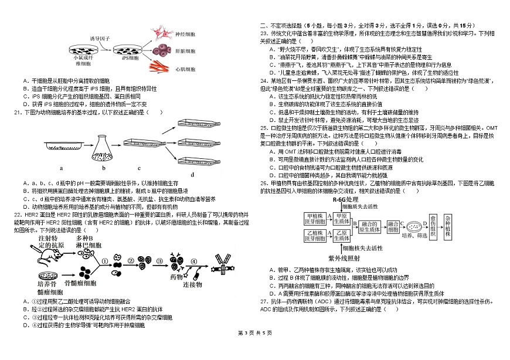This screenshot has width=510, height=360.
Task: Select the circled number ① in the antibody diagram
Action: (106, 261)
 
